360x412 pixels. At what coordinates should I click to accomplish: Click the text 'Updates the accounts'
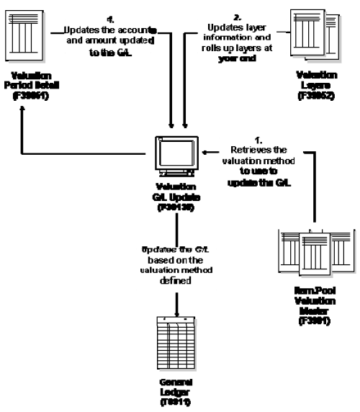coord(114,30)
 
